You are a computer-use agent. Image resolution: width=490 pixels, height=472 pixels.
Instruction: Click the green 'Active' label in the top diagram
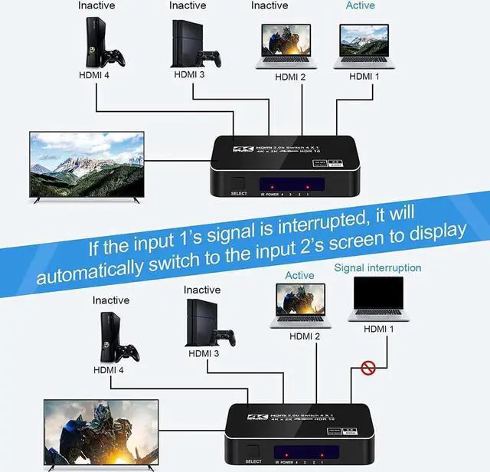[x=360, y=5]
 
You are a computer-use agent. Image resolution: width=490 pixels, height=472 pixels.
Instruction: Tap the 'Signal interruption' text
[x=377, y=267]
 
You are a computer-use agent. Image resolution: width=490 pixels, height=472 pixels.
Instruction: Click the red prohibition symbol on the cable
[x=367, y=368]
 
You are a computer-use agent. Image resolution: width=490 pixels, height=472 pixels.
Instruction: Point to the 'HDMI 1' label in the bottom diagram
[x=379, y=329]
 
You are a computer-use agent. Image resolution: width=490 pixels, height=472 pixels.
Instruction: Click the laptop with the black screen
[x=377, y=298]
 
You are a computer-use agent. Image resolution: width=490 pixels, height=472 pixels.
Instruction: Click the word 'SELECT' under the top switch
[x=240, y=194]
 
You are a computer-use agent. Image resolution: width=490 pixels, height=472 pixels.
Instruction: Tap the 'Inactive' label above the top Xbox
[x=96, y=5]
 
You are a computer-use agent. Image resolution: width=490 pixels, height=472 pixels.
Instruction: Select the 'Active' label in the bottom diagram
[x=299, y=275]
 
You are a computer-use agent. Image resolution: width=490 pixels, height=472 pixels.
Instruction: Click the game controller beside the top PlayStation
[x=208, y=58]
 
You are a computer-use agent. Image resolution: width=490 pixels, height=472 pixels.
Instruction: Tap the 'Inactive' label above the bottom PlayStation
[x=202, y=290]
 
